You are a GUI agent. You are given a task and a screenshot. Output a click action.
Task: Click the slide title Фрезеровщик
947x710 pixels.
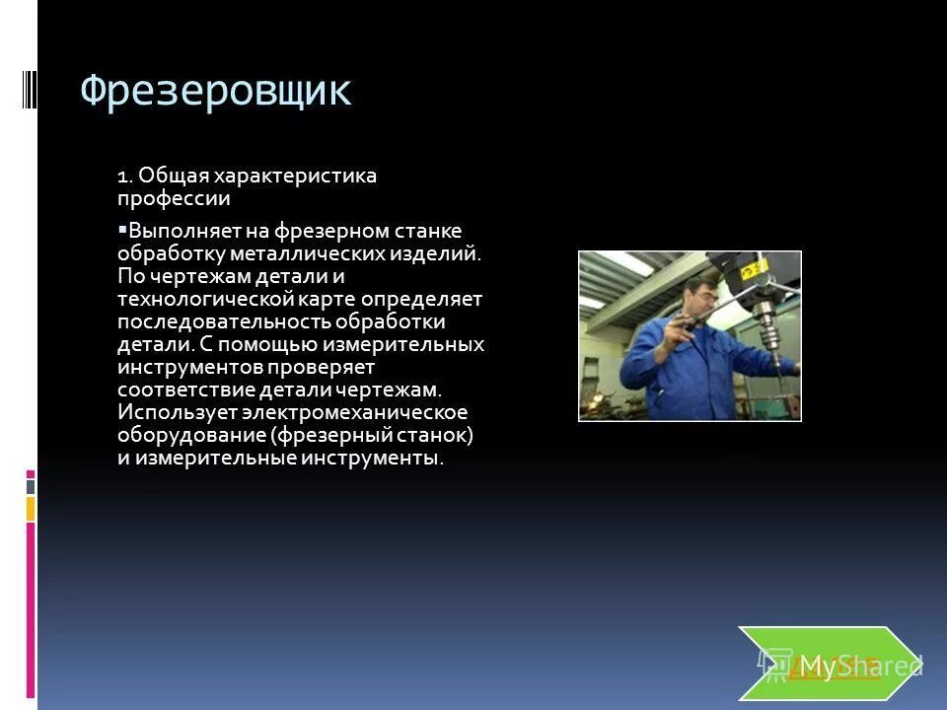click(x=215, y=91)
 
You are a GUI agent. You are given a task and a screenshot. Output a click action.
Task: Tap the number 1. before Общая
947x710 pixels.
click(x=124, y=177)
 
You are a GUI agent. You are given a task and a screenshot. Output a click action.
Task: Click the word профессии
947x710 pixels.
click(x=174, y=199)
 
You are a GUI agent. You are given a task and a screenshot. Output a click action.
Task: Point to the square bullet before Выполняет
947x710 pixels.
click(x=121, y=229)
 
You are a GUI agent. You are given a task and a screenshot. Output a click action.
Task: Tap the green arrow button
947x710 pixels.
click(x=827, y=664)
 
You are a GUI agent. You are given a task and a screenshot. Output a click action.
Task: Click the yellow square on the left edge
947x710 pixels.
click(x=31, y=509)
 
